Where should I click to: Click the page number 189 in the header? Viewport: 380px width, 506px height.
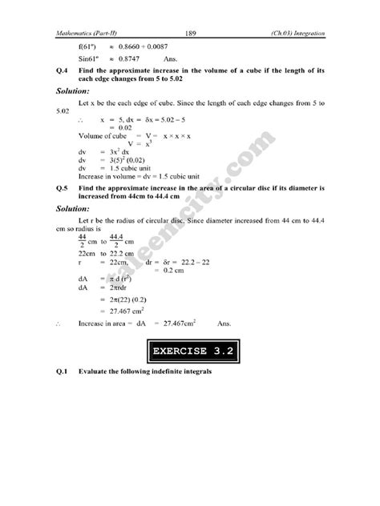pos(191,33)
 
